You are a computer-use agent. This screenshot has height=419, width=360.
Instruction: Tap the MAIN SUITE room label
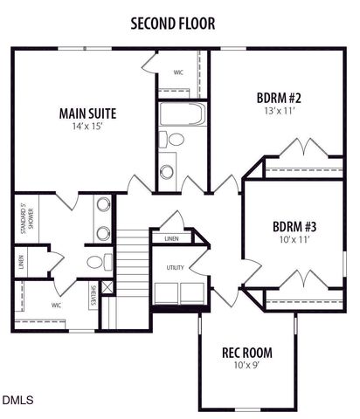coord(87,113)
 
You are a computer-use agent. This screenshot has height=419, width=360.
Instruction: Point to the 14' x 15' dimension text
coord(87,127)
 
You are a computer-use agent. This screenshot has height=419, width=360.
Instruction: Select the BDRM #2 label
coord(279,97)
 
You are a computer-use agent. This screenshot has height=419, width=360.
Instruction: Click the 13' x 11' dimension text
coord(279,111)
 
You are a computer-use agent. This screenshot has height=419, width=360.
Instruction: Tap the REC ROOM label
coord(246,354)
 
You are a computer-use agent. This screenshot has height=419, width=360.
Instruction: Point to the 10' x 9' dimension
coord(246,367)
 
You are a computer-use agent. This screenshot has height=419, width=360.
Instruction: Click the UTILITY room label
coord(175,268)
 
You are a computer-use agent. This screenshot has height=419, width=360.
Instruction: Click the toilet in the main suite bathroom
coord(96,262)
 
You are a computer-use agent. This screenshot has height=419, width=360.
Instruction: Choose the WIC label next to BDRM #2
coord(178,72)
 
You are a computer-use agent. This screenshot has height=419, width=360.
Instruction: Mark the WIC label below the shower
coord(56,306)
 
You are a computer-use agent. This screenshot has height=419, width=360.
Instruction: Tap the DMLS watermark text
coord(17,401)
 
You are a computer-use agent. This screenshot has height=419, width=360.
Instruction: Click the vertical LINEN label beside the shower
coord(19,261)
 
